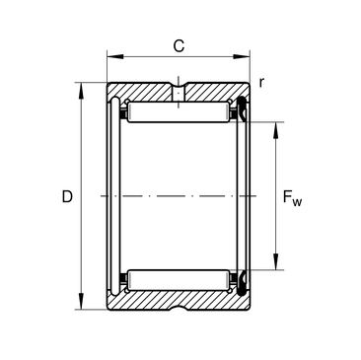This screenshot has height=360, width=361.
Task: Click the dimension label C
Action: [x=179, y=45]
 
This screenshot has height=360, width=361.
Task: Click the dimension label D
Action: [x=67, y=196]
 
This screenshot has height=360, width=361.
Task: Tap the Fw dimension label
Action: [x=292, y=198]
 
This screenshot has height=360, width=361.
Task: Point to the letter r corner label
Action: [x=261, y=83]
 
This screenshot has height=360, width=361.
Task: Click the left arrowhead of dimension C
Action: [x=114, y=56]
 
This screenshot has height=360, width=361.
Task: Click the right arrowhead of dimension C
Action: [x=242, y=56]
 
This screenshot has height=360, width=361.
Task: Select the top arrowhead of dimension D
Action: [x=81, y=91]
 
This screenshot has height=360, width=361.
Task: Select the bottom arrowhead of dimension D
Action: [x=81, y=301]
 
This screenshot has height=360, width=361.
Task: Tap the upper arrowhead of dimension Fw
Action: [x=276, y=130]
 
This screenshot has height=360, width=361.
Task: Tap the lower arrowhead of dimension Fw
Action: [x=276, y=262]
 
